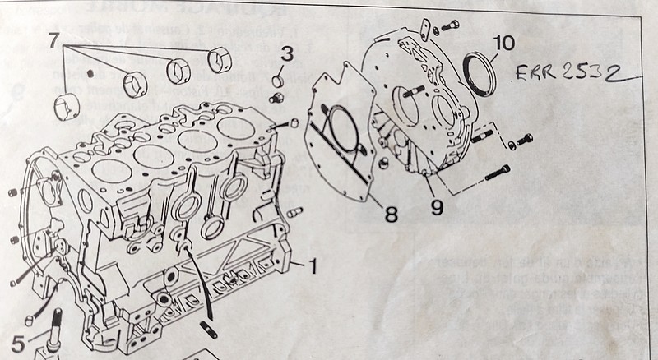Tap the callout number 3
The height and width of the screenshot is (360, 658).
(x=286, y=56)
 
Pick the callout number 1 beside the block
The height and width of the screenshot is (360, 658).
(x=312, y=266)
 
